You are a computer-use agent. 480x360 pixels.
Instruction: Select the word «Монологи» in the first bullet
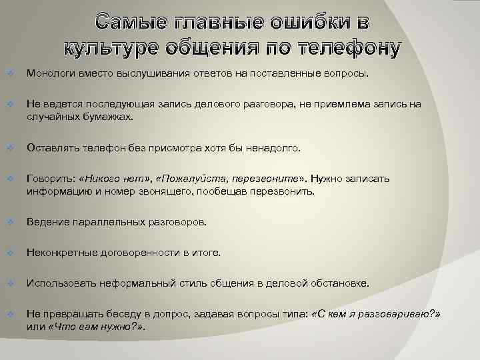(x=49, y=72)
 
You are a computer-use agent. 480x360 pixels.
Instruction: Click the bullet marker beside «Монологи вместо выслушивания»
(x=10, y=72)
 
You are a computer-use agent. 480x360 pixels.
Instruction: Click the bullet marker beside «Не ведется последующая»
(x=10, y=105)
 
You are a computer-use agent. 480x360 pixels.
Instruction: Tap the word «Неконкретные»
(x=59, y=253)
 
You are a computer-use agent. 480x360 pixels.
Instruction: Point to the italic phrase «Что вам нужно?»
(x=95, y=327)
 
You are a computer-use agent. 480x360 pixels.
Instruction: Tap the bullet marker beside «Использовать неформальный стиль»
(x=10, y=283)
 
